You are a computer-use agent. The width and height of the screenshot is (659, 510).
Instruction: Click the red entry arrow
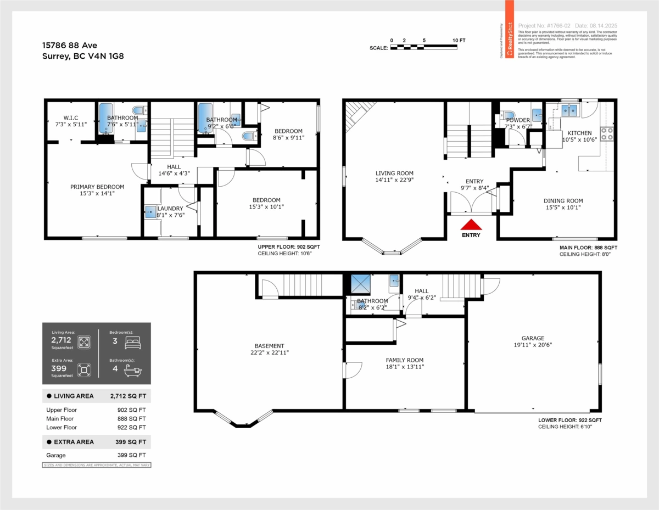coord(471,225)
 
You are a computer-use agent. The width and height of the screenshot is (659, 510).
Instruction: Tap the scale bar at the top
coord(423,48)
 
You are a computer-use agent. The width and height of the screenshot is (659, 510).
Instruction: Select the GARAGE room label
coord(533,338)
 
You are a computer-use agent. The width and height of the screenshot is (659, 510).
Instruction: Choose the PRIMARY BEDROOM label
coord(97,187)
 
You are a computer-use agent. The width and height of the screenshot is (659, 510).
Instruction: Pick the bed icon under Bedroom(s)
coord(132,343)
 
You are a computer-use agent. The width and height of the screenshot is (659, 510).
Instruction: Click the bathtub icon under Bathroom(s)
coord(132,371)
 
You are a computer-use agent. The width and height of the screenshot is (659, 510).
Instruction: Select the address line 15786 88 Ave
coord(70,46)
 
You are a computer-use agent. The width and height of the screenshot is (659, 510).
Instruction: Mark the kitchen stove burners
coord(607,133)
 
